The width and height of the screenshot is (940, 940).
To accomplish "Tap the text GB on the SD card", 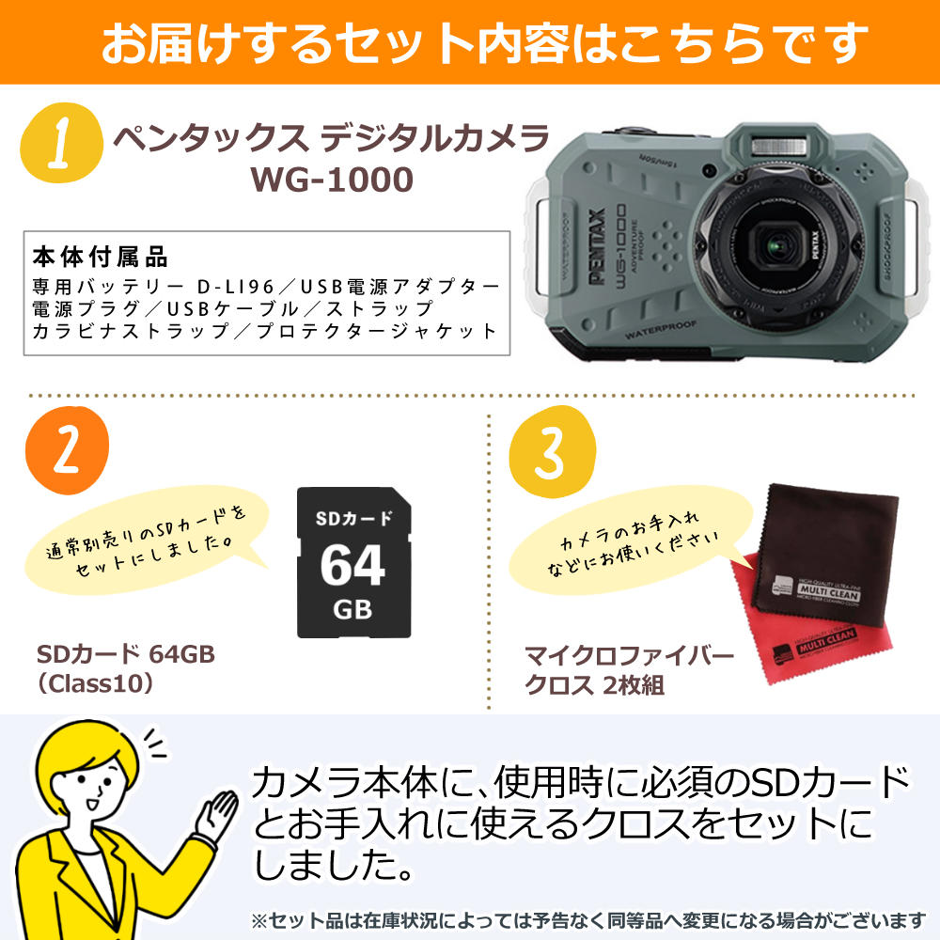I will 352,609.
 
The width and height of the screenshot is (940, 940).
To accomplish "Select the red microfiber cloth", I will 780,649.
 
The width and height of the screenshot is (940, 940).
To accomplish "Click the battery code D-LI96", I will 233,285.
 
